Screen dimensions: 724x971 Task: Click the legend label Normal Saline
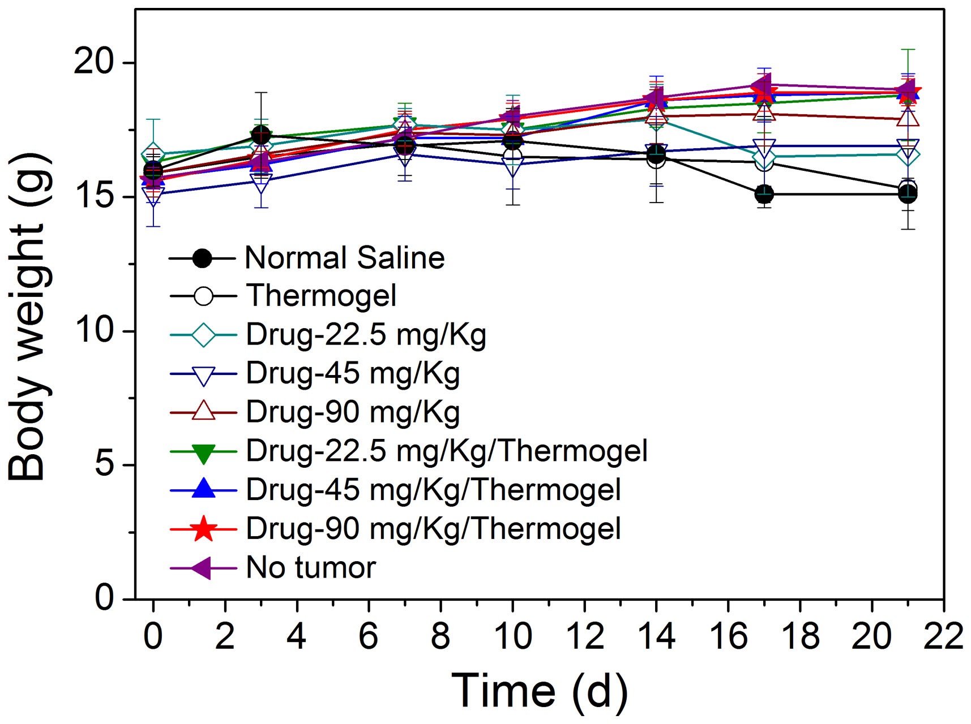click(x=344, y=258)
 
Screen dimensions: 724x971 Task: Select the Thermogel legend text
click(x=321, y=296)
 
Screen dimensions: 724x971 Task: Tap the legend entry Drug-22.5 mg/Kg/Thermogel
click(x=446, y=451)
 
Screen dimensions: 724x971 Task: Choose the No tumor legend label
click(x=311, y=567)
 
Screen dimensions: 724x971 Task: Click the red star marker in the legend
click(x=203, y=529)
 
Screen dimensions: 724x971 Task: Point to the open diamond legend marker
click(x=203, y=335)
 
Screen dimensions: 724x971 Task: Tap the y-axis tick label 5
click(x=105, y=465)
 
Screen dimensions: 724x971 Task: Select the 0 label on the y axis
click(x=105, y=598)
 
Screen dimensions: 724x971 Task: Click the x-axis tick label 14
click(x=656, y=636)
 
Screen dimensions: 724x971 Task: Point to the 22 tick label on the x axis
click(x=943, y=636)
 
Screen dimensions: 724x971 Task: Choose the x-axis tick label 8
click(x=440, y=636)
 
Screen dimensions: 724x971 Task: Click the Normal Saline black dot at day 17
click(x=764, y=194)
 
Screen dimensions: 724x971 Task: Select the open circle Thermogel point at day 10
click(x=512, y=157)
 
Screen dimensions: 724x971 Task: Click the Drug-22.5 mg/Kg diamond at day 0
click(x=153, y=154)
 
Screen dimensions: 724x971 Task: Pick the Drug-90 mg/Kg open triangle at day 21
click(x=908, y=119)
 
